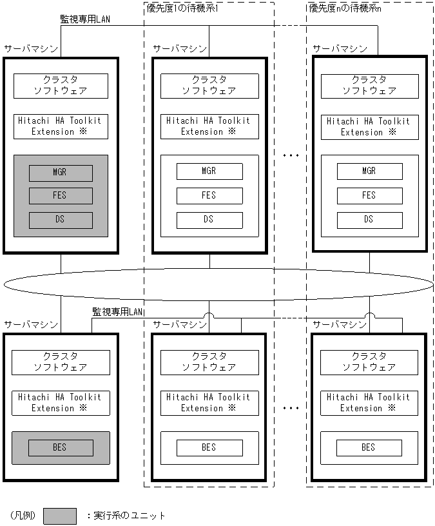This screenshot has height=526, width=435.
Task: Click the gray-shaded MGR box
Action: click(60, 173)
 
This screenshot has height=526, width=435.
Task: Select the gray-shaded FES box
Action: click(60, 196)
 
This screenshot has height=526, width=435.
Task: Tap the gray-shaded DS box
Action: click(60, 220)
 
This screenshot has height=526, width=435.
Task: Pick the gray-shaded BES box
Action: click(60, 447)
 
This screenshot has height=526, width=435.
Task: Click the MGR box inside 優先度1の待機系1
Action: click(209, 171)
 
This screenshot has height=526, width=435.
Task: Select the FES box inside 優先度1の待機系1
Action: click(209, 195)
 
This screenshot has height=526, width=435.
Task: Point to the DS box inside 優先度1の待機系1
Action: click(209, 220)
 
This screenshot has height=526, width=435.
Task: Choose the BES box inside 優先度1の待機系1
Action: click(209, 447)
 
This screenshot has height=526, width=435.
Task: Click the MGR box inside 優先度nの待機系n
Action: click(369, 171)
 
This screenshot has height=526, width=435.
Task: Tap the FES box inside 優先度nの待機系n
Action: click(369, 195)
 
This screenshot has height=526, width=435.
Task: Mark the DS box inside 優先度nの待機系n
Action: click(369, 220)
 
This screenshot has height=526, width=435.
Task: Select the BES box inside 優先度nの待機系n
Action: click(369, 447)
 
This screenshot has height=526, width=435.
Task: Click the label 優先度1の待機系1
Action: click(183, 8)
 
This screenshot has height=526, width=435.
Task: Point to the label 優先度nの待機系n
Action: click(345, 8)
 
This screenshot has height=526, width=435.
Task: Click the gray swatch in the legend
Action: click(59, 516)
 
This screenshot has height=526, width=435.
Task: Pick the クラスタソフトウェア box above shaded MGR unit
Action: click(61, 85)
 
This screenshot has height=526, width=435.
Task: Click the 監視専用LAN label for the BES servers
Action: click(118, 312)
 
